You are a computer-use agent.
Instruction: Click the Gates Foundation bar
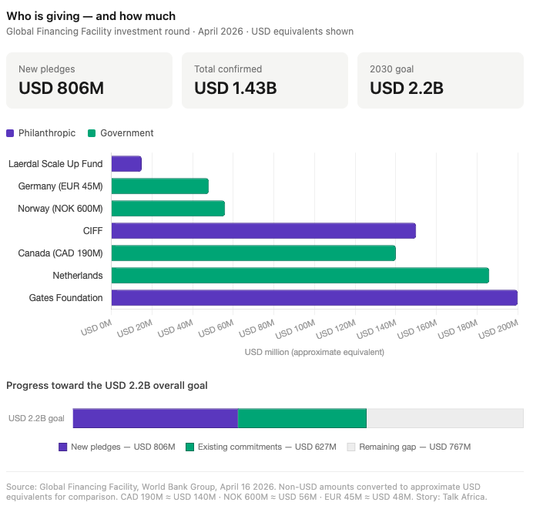[314, 298]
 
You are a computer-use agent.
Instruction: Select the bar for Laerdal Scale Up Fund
[126, 164]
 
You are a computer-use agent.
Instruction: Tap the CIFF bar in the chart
[263, 231]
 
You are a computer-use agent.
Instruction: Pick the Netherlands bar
[300, 275]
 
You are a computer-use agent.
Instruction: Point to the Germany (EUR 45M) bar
[159, 186]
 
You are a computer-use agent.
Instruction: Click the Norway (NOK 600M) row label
[60, 208]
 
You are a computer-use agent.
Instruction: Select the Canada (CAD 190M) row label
[60, 253]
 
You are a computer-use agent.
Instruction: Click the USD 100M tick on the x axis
[295, 330]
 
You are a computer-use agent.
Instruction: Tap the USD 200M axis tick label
[498, 330]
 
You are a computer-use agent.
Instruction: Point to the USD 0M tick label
[96, 328]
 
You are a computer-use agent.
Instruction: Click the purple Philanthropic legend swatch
[10, 133]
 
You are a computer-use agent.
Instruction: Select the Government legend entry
[121, 133]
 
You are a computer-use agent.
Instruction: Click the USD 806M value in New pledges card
[61, 88]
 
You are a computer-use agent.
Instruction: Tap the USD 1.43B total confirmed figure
[236, 88]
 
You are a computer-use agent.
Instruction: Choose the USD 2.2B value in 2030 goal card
[407, 88]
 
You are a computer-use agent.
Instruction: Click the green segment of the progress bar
[302, 418]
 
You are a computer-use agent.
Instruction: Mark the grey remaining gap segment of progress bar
[445, 418]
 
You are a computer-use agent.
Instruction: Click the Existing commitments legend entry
[261, 447]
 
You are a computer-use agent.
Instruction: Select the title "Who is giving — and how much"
[91, 16]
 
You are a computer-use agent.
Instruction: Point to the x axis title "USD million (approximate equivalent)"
[314, 352]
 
